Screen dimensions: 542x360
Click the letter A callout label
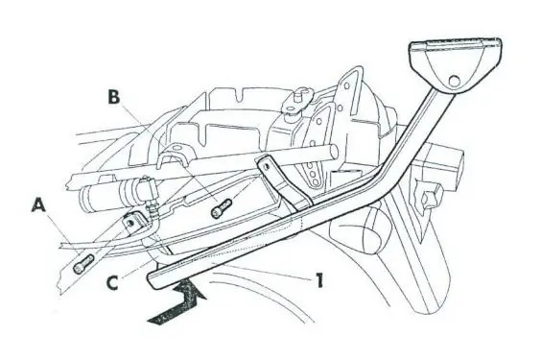tap(38, 206)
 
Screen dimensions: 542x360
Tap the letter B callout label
tap(113, 97)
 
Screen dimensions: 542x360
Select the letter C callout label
tap(112, 282)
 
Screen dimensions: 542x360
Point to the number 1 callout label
tap(319, 280)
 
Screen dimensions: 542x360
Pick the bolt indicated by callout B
tap(221, 208)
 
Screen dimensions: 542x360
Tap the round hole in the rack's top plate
tap(453, 81)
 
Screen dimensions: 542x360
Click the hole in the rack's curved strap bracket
tap(267, 167)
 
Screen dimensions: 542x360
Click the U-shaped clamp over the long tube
tap(176, 156)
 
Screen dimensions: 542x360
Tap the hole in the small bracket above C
tap(131, 223)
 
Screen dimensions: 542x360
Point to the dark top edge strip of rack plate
tap(456, 43)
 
